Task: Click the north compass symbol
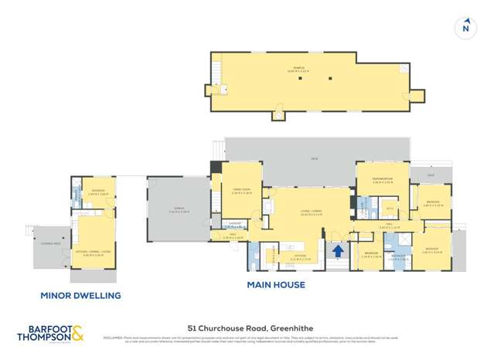(465, 28)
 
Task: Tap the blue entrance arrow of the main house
(337, 250)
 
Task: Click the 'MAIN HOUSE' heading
(275, 285)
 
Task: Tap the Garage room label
(179, 210)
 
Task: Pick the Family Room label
(242, 191)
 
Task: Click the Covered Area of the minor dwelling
(51, 243)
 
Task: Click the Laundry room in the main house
(237, 224)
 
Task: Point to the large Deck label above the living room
(315, 158)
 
